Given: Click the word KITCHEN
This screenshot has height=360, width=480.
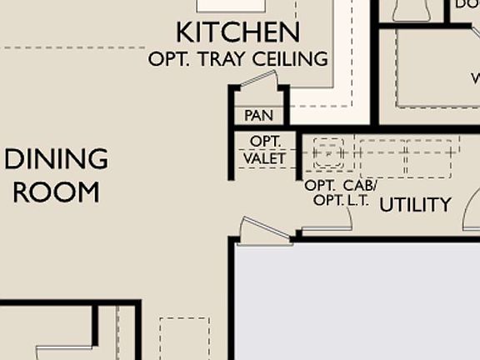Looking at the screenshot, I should coord(237,33).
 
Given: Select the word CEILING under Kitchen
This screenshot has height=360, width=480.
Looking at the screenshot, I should coord(292,60).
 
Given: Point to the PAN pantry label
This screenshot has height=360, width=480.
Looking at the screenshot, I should coord(258,116).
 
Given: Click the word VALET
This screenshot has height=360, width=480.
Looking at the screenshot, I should coord(264,158).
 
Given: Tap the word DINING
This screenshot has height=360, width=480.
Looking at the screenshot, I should coord(57,158).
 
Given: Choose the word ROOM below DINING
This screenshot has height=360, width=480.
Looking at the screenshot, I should coord(57,192).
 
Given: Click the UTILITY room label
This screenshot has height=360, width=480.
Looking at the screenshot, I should coord(415,204).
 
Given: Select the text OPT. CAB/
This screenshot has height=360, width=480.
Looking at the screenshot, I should coord(340,185).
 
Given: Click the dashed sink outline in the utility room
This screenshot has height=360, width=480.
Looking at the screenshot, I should coord(328,154).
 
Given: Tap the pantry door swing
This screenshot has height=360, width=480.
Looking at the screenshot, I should coord(258,84).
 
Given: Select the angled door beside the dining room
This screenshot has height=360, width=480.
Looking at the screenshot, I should coord(265,230).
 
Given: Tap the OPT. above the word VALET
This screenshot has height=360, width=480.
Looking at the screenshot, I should coord(265,142).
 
